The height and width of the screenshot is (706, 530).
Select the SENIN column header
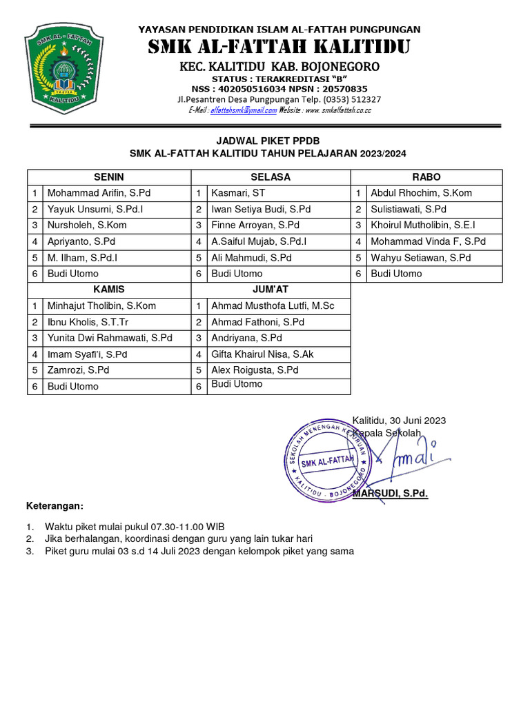click(108, 177)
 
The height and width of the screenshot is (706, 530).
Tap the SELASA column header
click(271, 177)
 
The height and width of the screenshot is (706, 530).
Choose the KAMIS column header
click(108, 290)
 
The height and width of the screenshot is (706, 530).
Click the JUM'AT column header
click(270, 290)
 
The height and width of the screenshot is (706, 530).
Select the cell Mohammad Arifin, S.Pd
click(99, 193)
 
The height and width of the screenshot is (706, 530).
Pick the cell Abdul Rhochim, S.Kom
click(421, 193)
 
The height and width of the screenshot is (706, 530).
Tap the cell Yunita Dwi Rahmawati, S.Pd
click(109, 338)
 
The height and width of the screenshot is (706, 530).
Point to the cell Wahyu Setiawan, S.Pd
click(420, 258)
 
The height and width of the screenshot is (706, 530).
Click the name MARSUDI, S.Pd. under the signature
click(391, 494)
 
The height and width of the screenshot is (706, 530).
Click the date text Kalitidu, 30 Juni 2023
click(399, 421)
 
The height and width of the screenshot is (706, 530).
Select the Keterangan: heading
click(55, 506)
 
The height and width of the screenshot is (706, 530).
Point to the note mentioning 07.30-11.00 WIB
click(135, 527)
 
